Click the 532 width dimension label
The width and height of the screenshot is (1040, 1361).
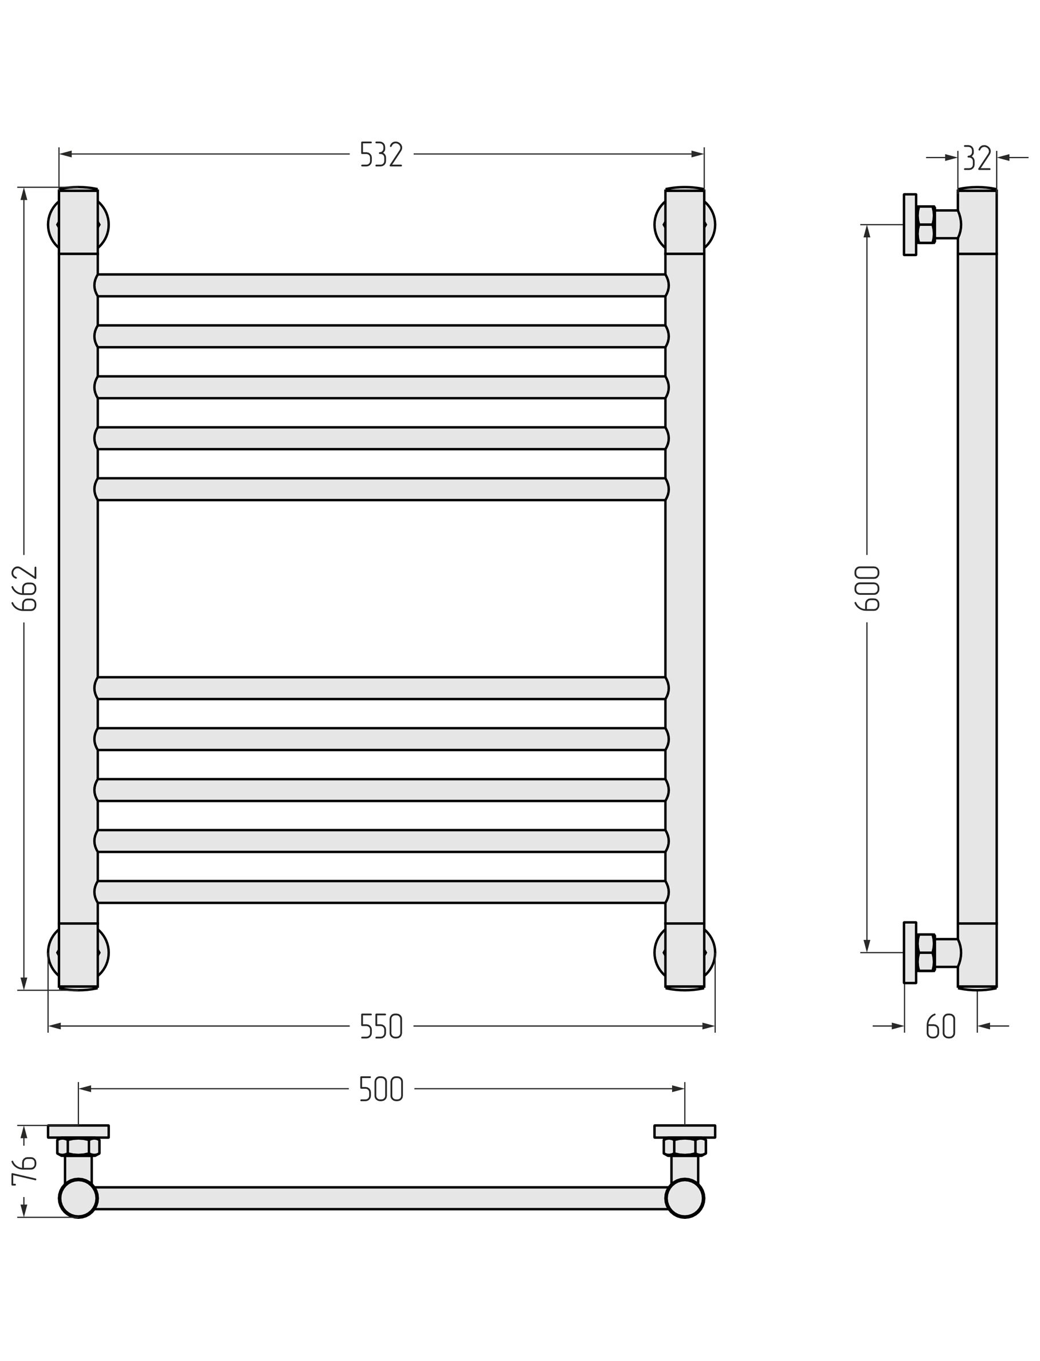tap(382, 155)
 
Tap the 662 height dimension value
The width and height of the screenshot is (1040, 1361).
tap(25, 588)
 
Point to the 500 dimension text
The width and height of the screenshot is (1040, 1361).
tap(382, 1089)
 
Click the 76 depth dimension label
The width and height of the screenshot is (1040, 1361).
tap(25, 1170)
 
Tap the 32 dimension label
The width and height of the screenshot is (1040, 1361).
tap(978, 158)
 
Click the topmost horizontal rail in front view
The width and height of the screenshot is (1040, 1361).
tap(382, 285)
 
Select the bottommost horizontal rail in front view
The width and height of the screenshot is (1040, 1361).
tap(382, 892)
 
